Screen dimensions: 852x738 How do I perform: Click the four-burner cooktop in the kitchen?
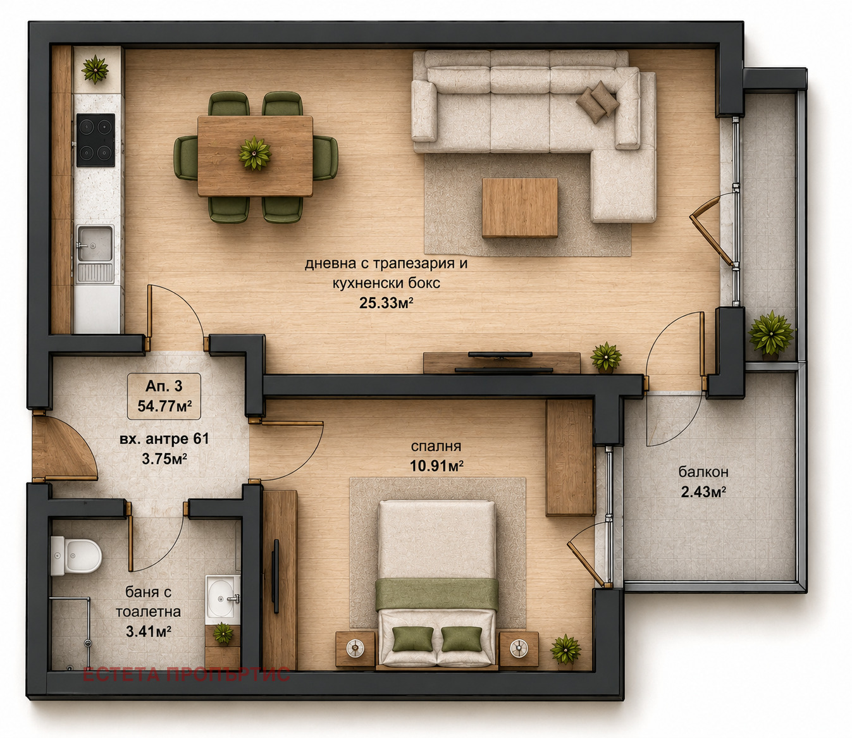[96, 140]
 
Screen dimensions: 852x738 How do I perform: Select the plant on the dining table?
[255, 153]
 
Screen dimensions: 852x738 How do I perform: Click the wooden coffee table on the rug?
[520, 207]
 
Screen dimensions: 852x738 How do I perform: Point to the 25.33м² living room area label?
[386, 304]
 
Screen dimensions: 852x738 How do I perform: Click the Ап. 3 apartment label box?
[164, 396]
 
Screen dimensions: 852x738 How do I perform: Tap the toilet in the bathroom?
[76, 555]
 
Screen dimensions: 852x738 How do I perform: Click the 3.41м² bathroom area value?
[149, 631]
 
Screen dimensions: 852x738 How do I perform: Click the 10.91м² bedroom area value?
[436, 466]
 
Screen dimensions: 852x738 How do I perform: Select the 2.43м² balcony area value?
[703, 492]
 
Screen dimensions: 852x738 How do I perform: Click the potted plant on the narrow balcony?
[770, 333]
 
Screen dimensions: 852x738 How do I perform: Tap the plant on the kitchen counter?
[96, 69]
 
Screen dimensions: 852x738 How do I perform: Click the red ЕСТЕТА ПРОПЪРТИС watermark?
[187, 675]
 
